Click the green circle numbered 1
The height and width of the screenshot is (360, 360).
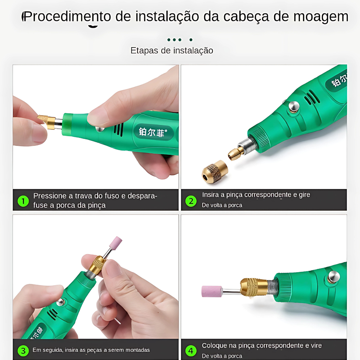point(23,201)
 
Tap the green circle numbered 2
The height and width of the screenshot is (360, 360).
point(191,201)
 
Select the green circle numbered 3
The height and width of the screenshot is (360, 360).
point(23,351)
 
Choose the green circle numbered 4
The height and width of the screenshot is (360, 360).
point(191,351)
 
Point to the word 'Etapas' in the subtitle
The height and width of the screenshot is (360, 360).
point(144,50)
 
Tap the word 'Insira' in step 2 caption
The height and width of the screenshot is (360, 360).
point(210,195)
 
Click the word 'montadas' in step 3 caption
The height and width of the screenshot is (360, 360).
point(139,350)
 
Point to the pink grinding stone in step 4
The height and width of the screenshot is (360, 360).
point(212,292)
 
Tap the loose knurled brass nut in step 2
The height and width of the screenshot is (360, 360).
point(215,172)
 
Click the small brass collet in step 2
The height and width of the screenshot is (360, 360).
point(236,153)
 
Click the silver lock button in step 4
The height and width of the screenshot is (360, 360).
point(334,276)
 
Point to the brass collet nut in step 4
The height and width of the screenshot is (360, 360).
point(254,287)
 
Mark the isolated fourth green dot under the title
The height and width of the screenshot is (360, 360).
point(191,40)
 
